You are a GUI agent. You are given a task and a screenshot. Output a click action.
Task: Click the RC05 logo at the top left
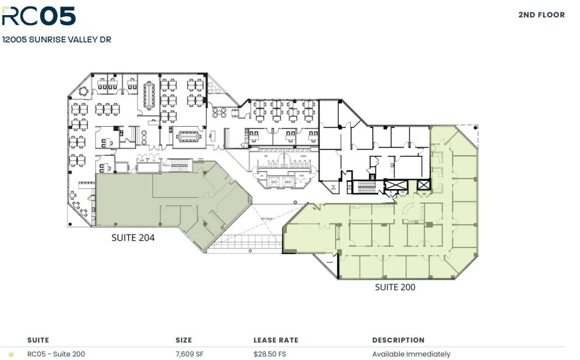pos(38,16)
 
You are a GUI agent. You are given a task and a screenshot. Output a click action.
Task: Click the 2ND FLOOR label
pos(541,15)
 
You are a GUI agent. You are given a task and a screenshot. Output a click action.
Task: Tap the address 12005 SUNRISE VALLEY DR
pos(57,40)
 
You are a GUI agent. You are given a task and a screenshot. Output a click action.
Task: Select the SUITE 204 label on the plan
pos(133,237)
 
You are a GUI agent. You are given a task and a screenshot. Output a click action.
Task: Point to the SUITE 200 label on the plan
pos(395,287)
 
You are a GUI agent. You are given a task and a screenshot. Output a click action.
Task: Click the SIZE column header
pos(183,340)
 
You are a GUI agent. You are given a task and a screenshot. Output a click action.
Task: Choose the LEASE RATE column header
pos(276,340)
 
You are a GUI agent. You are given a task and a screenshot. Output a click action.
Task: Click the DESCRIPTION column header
pos(398,340)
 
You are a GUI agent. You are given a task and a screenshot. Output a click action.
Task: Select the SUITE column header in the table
pos(38,340)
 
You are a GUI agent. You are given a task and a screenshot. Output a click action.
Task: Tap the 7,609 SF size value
pos(189,354)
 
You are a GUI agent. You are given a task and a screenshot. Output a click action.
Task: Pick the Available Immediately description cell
pos(411,354)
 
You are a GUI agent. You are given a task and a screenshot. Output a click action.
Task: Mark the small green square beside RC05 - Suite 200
pos(11,354)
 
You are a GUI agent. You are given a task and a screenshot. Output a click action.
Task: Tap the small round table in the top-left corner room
pos(83,91)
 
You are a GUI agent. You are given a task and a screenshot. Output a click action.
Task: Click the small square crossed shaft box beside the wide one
pos(424,186)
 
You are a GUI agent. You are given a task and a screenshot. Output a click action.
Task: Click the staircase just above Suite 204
pos(179,167)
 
